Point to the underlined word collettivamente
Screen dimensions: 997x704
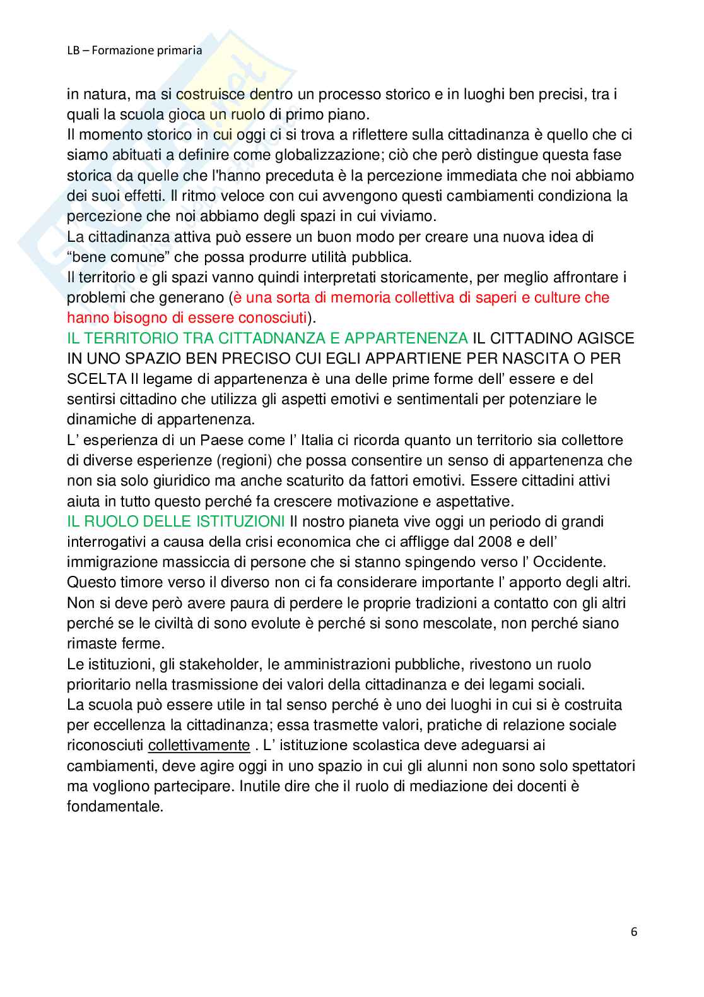click(199, 745)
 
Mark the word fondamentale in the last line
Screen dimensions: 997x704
click(115, 806)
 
